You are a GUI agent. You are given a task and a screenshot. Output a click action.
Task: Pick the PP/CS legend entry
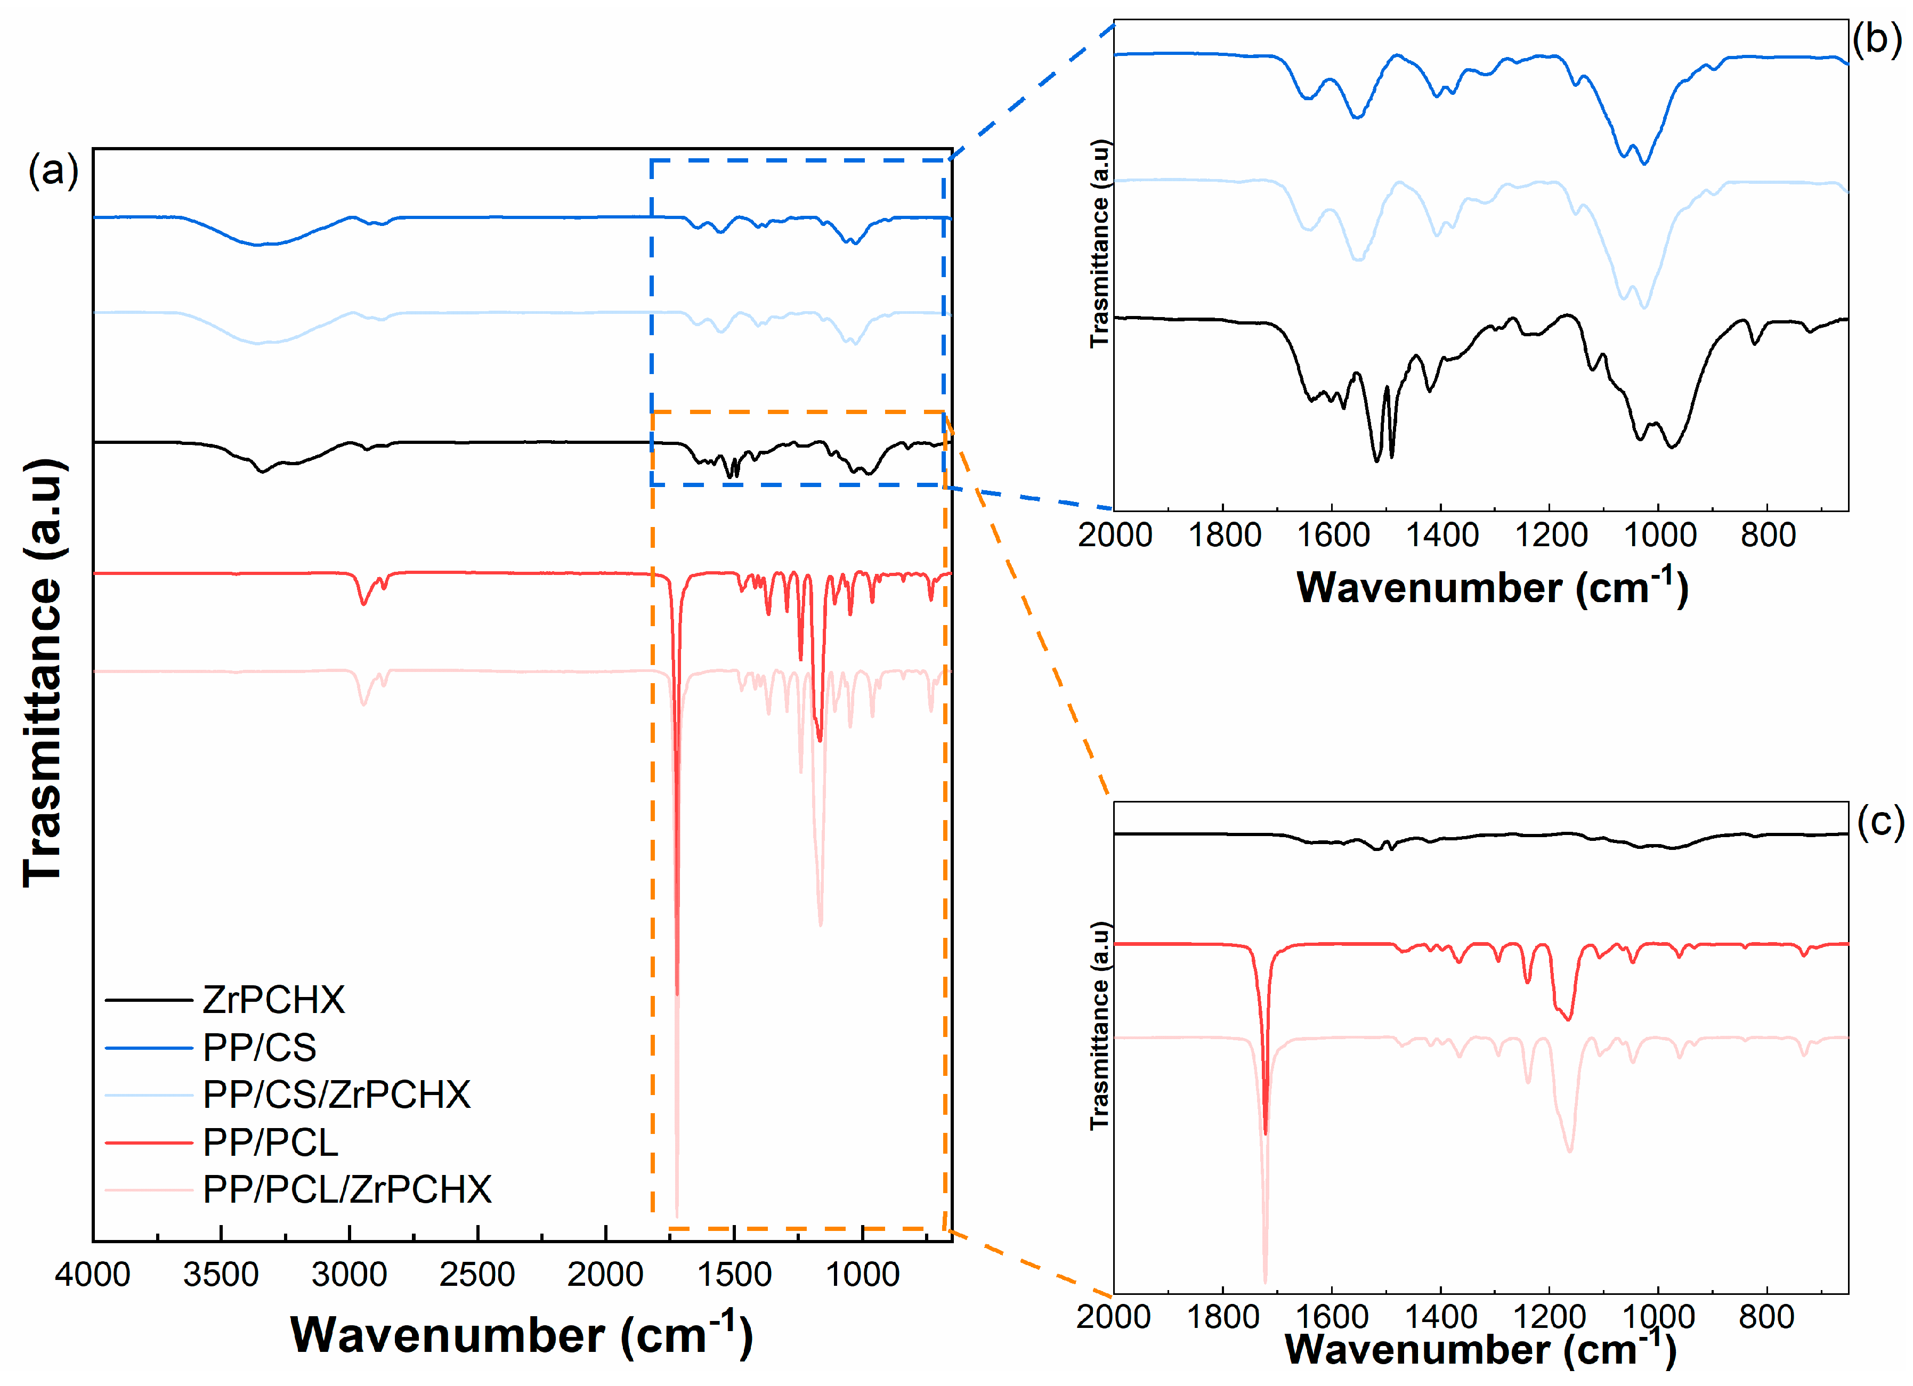point(259,1048)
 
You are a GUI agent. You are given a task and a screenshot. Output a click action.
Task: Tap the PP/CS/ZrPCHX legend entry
point(336,1094)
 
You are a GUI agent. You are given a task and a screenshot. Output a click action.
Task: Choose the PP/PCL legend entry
point(270,1142)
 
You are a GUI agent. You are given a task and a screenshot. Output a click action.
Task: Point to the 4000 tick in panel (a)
point(93,1274)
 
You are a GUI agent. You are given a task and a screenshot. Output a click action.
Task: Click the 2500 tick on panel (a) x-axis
point(477,1274)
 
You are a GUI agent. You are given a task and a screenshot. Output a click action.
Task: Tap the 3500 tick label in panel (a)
point(221,1274)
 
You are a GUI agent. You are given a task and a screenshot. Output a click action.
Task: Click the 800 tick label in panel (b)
point(1768,535)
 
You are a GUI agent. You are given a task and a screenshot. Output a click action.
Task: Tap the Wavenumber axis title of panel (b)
point(1492,587)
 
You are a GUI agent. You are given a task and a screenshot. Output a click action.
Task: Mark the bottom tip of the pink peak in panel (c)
point(1264,1282)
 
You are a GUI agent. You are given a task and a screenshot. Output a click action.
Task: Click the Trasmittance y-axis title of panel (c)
point(1098,1025)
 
